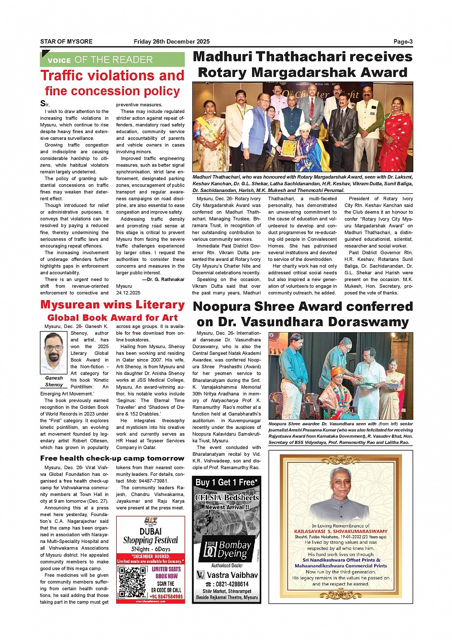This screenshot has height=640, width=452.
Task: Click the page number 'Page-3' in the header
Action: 403,42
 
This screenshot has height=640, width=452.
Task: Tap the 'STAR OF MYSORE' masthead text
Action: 66,42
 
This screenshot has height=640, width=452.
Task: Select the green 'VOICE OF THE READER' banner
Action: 112,60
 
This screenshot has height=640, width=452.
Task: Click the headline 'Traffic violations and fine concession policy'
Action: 112,83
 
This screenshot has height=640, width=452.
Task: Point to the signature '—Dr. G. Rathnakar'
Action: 163,280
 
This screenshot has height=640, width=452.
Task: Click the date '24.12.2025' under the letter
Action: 129,293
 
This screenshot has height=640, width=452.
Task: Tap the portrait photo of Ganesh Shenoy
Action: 54,353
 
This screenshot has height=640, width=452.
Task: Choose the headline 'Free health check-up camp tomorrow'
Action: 112,458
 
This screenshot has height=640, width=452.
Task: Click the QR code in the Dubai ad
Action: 132,582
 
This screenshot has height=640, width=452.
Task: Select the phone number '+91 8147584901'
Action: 166,596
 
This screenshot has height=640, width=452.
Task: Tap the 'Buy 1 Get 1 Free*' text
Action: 227,483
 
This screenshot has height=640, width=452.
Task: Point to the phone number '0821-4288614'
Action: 227,584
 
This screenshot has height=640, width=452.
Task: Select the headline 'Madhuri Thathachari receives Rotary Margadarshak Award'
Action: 302,65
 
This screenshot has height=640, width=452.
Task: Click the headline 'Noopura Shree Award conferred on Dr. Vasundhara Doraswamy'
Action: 302,314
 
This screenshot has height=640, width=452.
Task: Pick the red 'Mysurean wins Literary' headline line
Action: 112,305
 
